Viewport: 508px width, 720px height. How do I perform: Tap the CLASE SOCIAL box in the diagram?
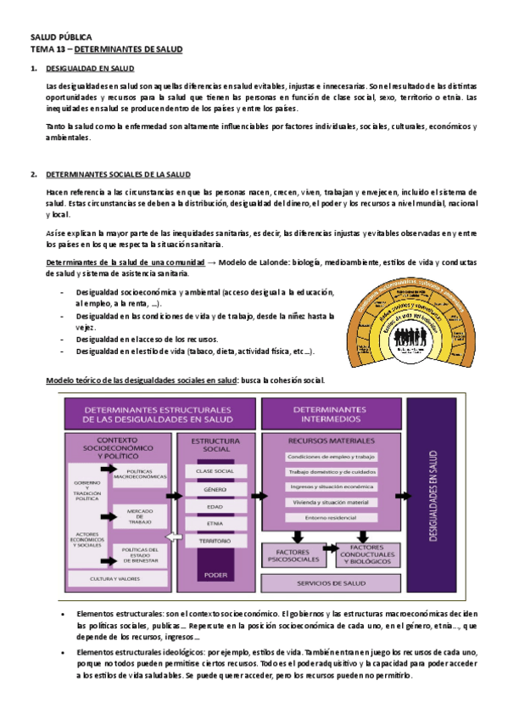tap(215, 470)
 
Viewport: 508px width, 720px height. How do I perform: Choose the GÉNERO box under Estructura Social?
tap(215, 489)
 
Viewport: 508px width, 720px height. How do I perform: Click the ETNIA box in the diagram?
tap(215, 523)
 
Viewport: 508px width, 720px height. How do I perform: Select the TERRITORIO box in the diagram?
tap(215, 540)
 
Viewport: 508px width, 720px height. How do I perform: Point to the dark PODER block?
tap(215, 575)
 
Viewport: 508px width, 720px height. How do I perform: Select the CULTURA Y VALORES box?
tap(114, 579)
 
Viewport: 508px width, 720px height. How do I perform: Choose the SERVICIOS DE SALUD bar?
tap(331, 583)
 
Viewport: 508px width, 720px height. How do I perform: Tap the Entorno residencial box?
tap(332, 517)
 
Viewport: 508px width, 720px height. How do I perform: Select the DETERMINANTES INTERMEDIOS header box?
tap(331, 414)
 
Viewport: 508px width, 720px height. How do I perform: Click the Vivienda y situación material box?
tap(332, 503)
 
